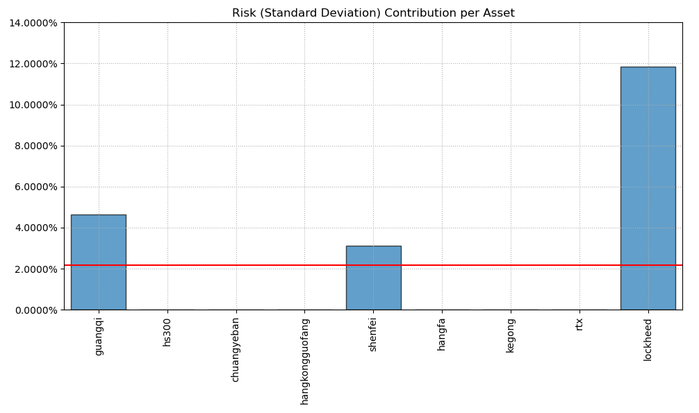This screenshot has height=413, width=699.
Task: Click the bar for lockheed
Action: [648, 188]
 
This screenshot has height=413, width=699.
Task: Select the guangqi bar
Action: [98, 262]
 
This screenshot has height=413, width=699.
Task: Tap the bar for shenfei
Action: [373, 278]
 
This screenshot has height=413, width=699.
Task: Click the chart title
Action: [373, 13]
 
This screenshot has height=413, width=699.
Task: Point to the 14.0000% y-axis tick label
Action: [33, 23]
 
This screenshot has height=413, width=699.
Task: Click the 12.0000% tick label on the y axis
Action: [33, 64]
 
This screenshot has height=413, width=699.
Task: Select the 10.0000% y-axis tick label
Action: [33, 105]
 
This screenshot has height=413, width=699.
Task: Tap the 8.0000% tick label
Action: [35, 146]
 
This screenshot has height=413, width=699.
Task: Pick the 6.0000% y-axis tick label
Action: [35, 187]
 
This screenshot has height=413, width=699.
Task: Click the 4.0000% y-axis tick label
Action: [35, 228]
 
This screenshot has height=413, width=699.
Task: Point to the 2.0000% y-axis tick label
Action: [35, 269]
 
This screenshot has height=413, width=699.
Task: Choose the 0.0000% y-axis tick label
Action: [35, 310]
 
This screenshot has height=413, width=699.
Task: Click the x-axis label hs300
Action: [167, 332]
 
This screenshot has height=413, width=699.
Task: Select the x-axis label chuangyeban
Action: [236, 350]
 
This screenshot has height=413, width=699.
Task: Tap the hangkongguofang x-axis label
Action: [304, 361]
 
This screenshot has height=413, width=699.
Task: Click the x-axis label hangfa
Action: [442, 334]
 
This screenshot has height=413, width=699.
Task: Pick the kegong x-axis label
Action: [511, 335]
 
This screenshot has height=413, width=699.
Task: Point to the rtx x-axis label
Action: [579, 324]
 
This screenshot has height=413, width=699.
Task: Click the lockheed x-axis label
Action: [648, 339]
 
